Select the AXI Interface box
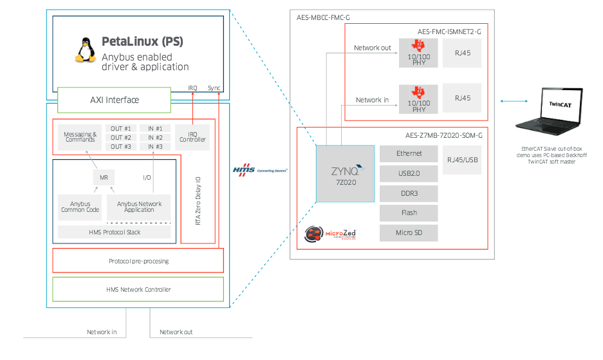(x=114, y=100)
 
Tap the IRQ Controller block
(x=192, y=137)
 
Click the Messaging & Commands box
(x=80, y=137)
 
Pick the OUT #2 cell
(x=121, y=137)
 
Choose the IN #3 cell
(x=154, y=147)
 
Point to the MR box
(x=104, y=177)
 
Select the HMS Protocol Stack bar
(x=114, y=232)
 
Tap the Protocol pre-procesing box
(x=138, y=260)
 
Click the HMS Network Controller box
(x=138, y=289)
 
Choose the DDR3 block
(x=409, y=193)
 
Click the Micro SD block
(x=409, y=232)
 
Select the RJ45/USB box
(x=462, y=159)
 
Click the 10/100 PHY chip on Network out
(x=418, y=53)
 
